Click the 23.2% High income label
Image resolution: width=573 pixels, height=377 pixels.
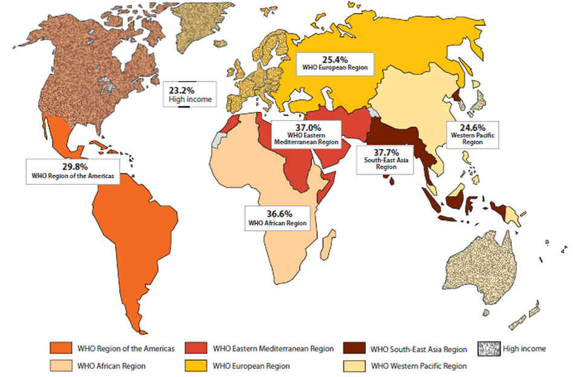(x=189, y=94)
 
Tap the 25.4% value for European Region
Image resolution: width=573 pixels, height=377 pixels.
(x=335, y=59)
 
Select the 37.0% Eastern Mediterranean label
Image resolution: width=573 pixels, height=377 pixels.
(x=306, y=133)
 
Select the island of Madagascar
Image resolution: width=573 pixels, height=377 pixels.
(x=330, y=247)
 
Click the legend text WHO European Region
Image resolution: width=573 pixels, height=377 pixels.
(x=248, y=366)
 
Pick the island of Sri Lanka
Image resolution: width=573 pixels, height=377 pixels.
(x=393, y=179)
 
